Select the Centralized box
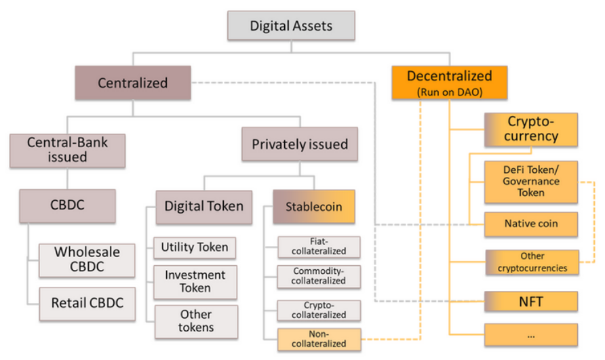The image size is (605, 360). tap(132, 83)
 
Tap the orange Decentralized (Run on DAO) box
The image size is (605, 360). tap(449, 82)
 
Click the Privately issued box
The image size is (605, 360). tap(299, 144)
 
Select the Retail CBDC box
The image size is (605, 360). tap(87, 303)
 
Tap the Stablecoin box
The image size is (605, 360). tap(313, 206)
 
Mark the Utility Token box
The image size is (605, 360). tap(195, 247)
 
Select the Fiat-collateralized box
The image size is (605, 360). tap(319, 247)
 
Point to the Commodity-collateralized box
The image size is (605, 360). tap(319, 277)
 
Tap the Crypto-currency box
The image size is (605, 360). tap(532, 129)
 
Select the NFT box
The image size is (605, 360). tap(532, 301)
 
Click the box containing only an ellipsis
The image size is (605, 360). tap(532, 335)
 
